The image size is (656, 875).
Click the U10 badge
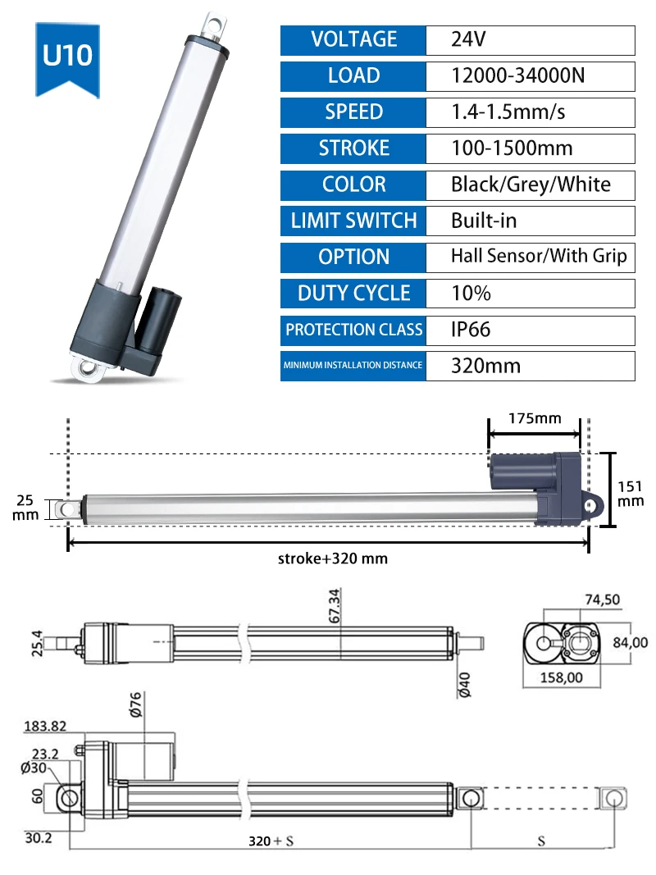click(67, 60)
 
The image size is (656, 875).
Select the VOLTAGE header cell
click(353, 40)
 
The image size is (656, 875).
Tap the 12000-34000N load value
click(517, 76)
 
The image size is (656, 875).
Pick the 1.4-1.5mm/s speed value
click(508, 112)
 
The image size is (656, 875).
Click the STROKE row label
click(353, 148)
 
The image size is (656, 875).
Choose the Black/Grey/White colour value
click(531, 185)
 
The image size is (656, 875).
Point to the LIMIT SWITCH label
click(353, 221)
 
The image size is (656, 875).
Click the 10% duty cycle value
click(471, 294)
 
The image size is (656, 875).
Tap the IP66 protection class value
click(470, 330)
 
